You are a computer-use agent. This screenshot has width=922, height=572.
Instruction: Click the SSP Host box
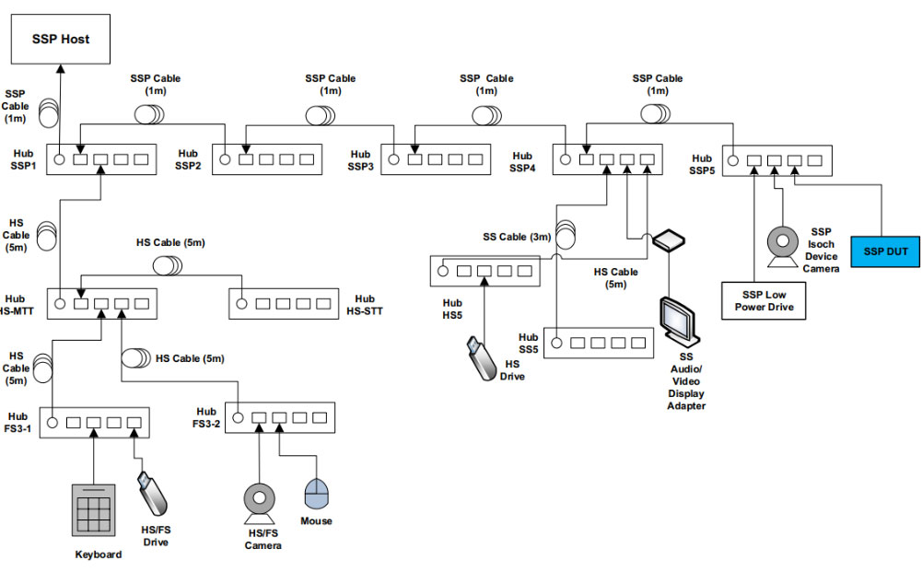pos(62,40)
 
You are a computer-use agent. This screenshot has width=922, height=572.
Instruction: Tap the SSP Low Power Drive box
pos(764,300)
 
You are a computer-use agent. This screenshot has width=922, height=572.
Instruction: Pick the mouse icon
pos(316,494)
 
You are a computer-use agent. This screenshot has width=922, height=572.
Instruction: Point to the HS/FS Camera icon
pos(259,503)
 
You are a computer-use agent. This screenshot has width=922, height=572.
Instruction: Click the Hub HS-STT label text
pos(365,305)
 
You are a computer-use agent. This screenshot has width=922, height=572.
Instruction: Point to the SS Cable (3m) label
pos(517,237)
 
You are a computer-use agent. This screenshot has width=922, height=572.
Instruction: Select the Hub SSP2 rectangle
pos(266,159)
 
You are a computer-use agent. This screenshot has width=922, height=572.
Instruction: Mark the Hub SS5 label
pos(528,344)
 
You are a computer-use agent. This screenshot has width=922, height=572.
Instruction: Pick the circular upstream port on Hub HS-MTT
pos(60,302)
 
